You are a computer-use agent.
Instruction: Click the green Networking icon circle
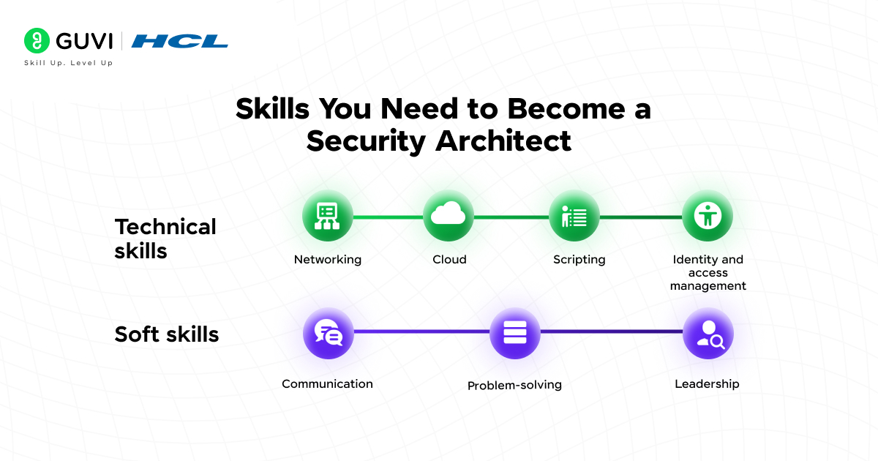click(327, 216)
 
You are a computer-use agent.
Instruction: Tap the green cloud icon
click(449, 216)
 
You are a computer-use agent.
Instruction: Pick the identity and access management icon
click(708, 216)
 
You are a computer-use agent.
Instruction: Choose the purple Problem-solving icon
click(514, 334)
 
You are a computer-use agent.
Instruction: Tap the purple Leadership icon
click(708, 334)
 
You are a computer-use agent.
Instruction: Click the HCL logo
click(180, 41)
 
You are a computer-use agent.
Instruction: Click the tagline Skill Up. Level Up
click(68, 63)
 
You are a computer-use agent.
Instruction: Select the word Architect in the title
click(504, 140)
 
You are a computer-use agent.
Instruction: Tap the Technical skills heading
click(165, 239)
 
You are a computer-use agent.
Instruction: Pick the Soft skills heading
click(167, 334)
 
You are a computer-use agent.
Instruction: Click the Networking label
click(327, 259)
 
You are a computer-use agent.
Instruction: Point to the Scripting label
click(579, 259)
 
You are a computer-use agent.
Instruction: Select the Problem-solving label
click(514, 385)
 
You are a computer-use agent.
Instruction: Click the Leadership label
click(707, 383)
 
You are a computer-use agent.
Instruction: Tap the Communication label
click(327, 383)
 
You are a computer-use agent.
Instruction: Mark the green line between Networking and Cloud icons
click(388, 217)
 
